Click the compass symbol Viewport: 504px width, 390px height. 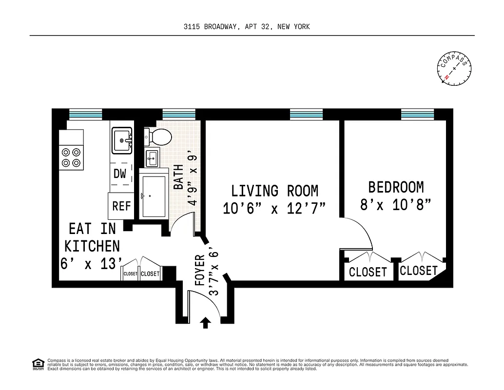click(454, 68)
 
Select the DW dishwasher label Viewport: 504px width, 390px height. click(120, 174)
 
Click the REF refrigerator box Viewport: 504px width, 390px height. click(121, 206)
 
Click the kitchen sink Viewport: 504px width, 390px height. click(122, 140)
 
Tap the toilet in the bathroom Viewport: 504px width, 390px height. click(158, 137)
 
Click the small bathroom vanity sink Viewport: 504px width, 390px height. click(152, 157)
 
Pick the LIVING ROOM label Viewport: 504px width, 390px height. click(274, 191)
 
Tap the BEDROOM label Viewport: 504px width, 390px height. click(396, 187)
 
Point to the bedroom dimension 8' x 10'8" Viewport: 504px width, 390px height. click(396, 205)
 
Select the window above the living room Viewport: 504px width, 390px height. click(306, 114)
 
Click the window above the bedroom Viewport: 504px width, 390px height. click(417, 114)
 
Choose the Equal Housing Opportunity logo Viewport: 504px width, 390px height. click(38, 364)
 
